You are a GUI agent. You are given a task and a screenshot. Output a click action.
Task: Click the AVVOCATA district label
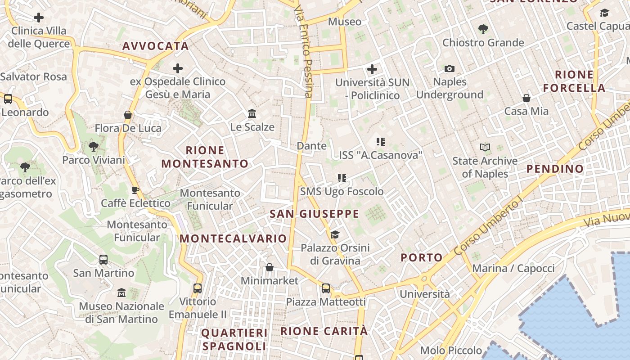(155, 46)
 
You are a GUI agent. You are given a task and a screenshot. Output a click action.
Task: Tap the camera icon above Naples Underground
(449, 69)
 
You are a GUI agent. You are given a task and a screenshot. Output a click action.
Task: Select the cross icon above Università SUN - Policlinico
(372, 69)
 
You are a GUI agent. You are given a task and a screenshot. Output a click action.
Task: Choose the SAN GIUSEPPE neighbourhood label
(314, 214)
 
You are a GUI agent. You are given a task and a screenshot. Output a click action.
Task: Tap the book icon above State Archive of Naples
(485, 148)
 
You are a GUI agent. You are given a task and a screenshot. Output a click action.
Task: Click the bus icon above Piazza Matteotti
(326, 288)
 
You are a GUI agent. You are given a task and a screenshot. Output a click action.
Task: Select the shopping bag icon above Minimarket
(270, 268)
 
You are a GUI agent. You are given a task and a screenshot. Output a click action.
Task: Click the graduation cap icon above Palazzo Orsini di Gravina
(335, 234)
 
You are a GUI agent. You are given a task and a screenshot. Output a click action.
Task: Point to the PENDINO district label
(555, 169)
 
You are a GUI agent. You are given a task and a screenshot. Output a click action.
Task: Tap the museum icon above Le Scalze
(252, 113)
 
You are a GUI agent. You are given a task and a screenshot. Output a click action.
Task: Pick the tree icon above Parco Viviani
(94, 146)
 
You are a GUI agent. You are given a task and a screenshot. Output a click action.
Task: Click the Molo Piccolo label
(451, 350)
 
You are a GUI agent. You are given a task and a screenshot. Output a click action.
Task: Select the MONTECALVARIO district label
(233, 238)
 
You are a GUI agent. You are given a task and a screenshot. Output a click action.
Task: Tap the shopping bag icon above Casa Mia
(526, 98)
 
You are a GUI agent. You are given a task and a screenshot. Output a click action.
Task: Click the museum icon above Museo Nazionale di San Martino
(121, 293)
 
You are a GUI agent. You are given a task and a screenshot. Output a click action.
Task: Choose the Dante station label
(311, 146)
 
